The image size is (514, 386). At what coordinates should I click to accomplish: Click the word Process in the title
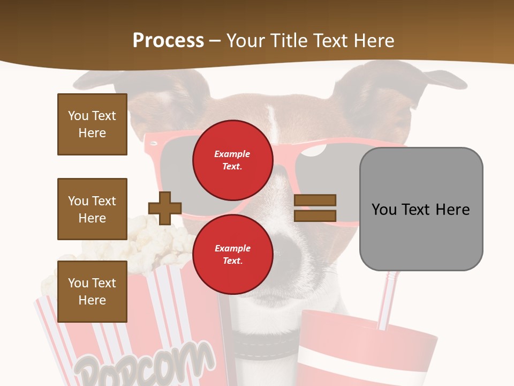(x=168, y=41)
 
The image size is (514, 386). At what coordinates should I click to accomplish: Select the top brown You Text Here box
(x=92, y=124)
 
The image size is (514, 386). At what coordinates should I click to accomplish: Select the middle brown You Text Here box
(x=92, y=209)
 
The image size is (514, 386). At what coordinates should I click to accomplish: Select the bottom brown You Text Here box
(x=92, y=291)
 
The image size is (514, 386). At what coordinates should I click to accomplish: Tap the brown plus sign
(x=165, y=207)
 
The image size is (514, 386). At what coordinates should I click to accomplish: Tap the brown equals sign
(x=315, y=208)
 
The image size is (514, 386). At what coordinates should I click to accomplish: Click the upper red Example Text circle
(x=232, y=160)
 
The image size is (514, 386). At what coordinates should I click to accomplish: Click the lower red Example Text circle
(x=232, y=254)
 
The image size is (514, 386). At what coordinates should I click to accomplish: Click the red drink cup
(x=369, y=354)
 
